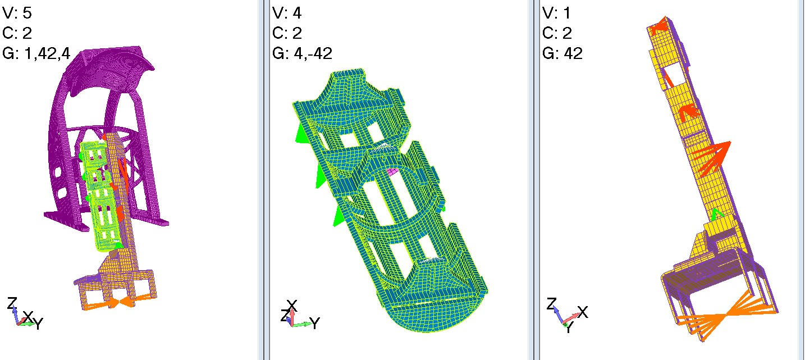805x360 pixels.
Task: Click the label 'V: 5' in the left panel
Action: [17, 13]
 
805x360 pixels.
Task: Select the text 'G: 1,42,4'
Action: [36, 53]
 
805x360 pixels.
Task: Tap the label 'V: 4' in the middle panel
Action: [287, 13]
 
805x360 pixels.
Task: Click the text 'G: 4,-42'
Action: [302, 53]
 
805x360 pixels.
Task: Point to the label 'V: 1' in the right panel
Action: [556, 13]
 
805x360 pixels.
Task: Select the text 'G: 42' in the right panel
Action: [562, 53]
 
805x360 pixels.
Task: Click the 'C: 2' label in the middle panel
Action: [287, 33]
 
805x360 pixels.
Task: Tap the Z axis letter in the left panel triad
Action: [12, 303]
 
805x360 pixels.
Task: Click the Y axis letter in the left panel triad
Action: [38, 323]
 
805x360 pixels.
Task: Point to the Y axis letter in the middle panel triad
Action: [315, 323]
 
